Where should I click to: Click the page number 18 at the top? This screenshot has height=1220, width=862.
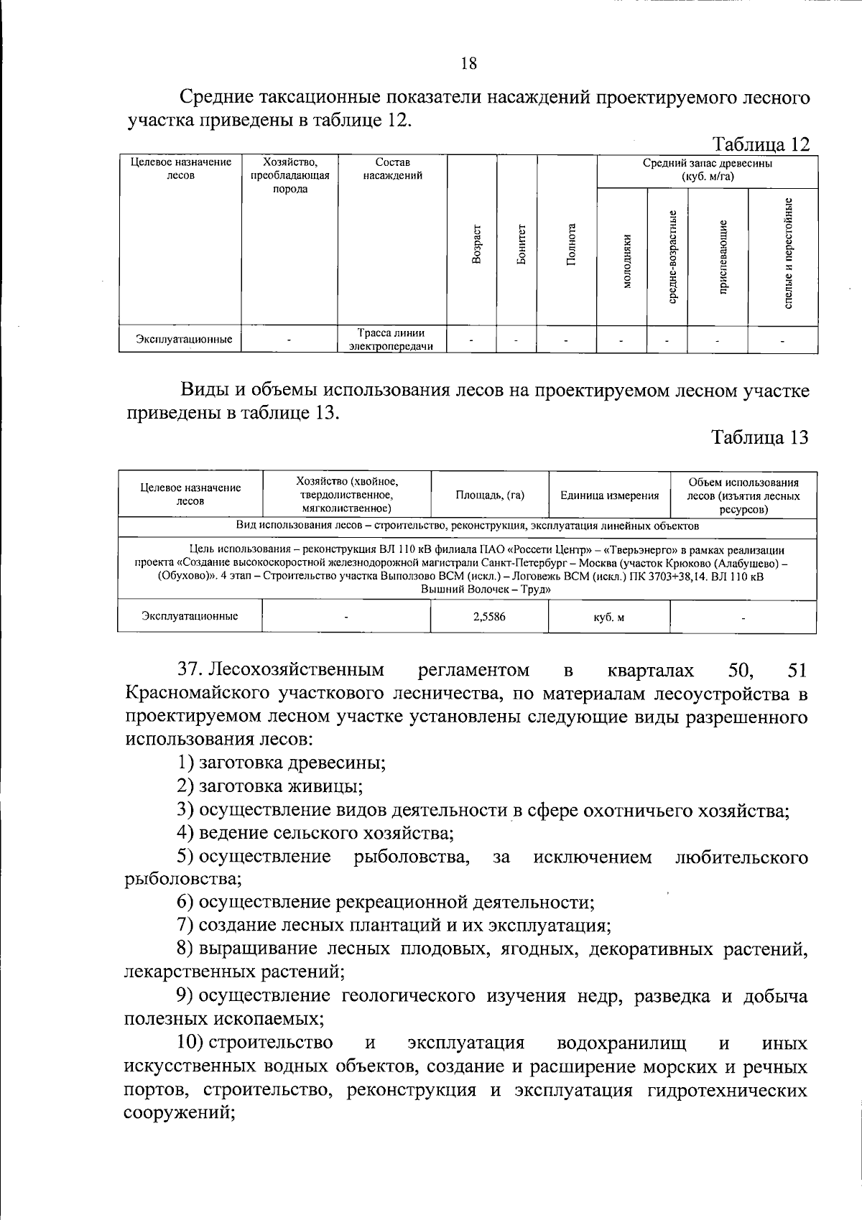click(468, 64)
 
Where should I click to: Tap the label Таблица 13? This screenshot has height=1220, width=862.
click(760, 437)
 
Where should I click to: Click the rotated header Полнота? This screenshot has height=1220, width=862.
click(571, 244)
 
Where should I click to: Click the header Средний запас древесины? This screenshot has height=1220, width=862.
click(708, 169)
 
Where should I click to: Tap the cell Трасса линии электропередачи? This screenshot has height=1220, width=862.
click(391, 340)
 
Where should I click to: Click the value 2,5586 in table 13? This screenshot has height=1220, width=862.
click(489, 616)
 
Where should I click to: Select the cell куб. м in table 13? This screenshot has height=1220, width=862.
click(608, 617)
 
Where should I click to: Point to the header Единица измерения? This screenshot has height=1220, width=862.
click(609, 495)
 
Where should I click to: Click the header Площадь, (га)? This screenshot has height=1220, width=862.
click(490, 495)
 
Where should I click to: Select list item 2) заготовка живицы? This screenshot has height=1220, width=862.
click(269, 786)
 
